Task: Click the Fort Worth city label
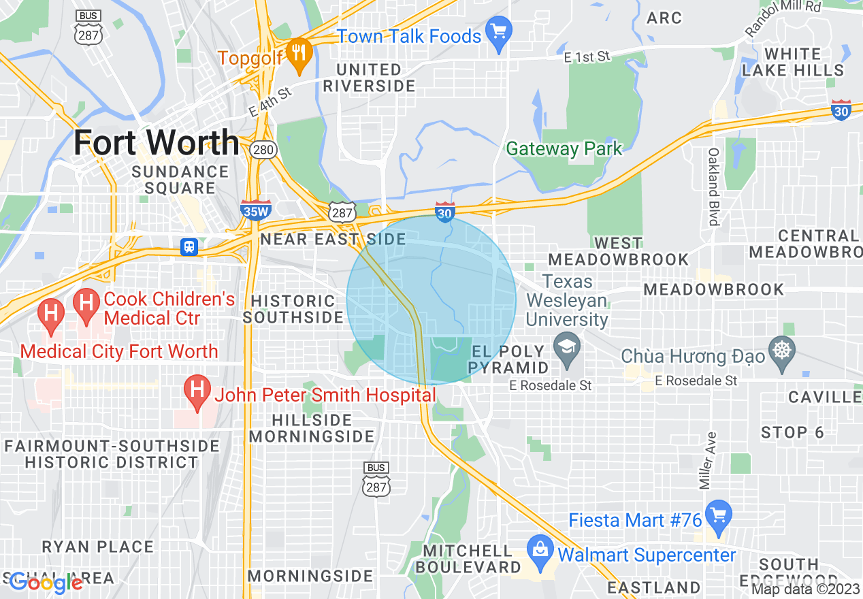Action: pos(156,144)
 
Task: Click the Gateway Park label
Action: pos(564,148)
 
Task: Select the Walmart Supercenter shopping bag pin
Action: pos(540,553)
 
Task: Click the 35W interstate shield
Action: pos(256,210)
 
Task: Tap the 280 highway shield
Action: pos(262,149)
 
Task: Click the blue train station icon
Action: pos(189,246)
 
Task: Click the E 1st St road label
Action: pos(587,57)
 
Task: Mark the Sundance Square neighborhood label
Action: pos(180,180)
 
